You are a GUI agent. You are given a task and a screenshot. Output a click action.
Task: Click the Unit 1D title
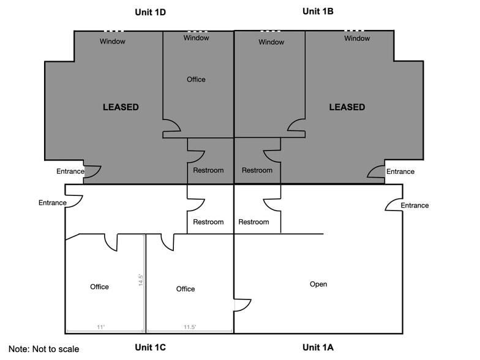(x=151, y=12)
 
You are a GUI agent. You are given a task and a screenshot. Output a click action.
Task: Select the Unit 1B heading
(x=318, y=11)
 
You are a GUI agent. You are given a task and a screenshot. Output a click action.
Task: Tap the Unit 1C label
(x=151, y=348)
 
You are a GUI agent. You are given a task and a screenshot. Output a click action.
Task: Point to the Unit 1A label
(x=318, y=348)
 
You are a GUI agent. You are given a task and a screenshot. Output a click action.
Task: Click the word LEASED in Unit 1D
(x=121, y=107)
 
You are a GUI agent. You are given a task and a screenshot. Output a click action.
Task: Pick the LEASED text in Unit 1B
(x=347, y=107)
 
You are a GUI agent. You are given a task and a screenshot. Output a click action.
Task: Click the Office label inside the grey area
(x=196, y=80)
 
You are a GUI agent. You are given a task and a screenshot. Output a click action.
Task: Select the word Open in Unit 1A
(x=318, y=284)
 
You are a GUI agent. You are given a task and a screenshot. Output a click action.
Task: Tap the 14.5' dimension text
(x=141, y=284)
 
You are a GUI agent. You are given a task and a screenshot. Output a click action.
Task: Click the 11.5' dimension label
(x=190, y=328)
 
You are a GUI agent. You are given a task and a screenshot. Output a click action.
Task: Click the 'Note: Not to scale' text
(x=44, y=349)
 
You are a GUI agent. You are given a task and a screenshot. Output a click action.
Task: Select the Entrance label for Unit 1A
(x=414, y=206)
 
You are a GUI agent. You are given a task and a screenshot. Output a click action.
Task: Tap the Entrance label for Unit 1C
(x=52, y=203)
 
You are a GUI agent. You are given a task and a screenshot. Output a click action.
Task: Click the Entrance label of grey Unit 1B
(x=400, y=172)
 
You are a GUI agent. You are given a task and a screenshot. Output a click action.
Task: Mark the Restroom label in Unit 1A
(x=253, y=222)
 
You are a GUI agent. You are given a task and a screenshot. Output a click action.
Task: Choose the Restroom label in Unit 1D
(x=208, y=170)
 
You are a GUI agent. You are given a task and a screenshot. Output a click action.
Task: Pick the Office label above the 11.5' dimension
(x=186, y=289)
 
